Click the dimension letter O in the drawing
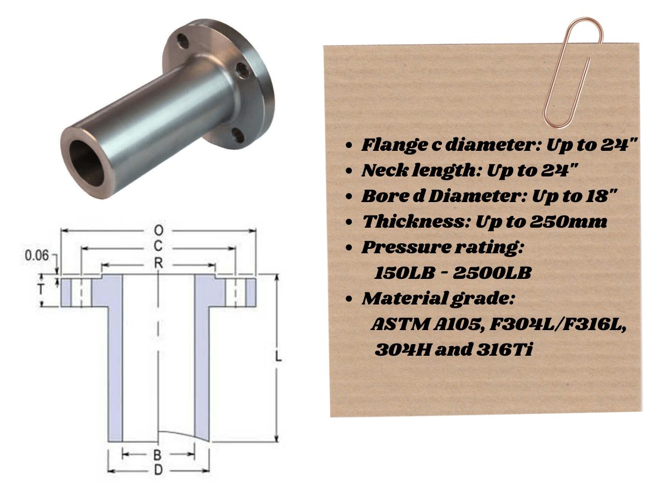(x=159, y=230)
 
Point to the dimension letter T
(x=41, y=289)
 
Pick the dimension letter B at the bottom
(x=158, y=455)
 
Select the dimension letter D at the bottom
(x=158, y=471)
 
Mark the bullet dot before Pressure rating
(x=349, y=248)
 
